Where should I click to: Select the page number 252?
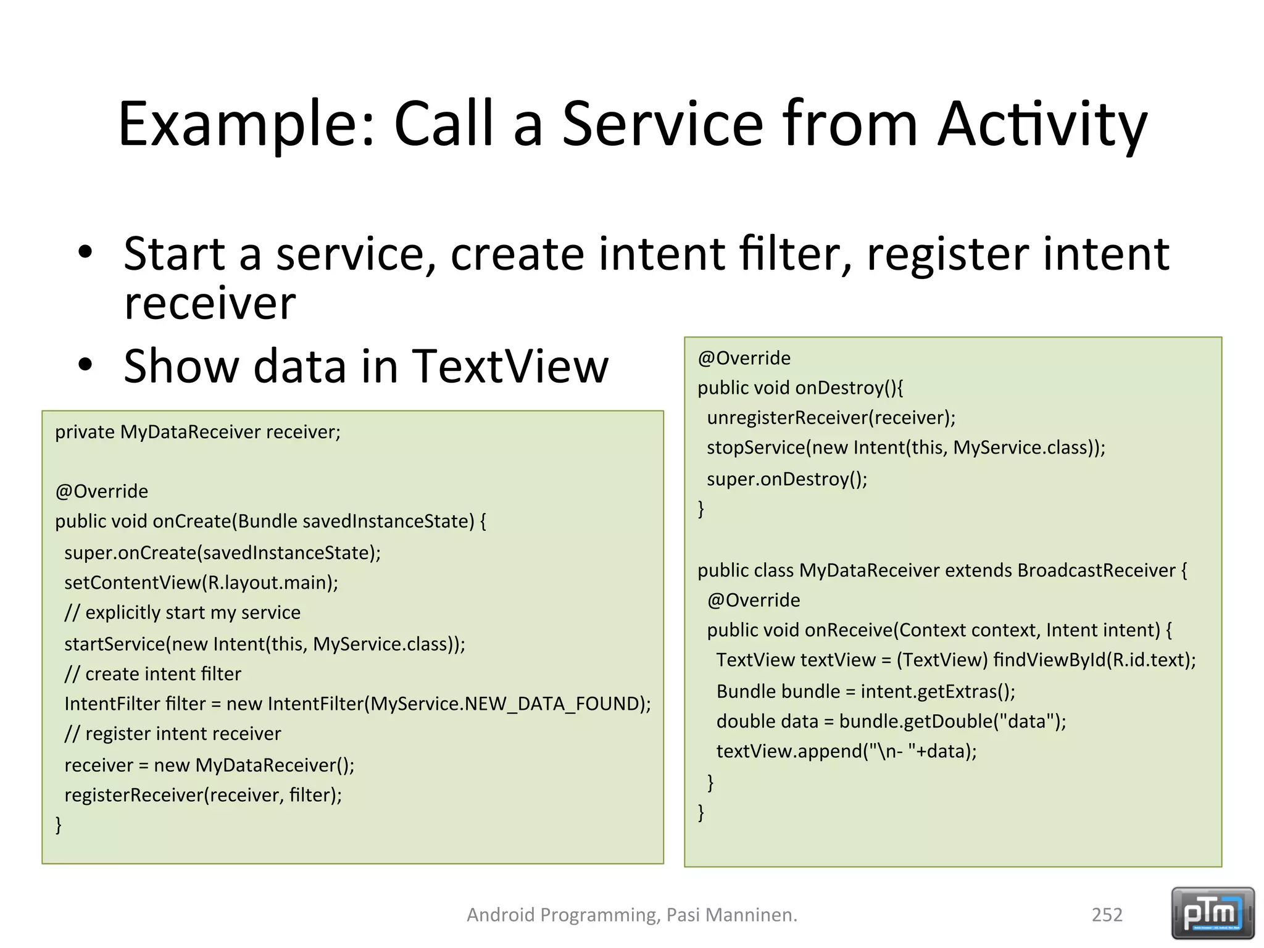[1107, 915]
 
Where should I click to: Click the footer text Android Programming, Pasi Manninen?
[631, 915]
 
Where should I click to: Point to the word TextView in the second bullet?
[510, 366]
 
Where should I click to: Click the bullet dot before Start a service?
[85, 252]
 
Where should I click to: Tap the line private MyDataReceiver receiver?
[197, 432]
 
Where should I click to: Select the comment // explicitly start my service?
[182, 612]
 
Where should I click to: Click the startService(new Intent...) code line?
[264, 644]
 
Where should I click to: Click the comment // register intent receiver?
[172, 733]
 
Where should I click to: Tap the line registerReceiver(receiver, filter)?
[202, 794]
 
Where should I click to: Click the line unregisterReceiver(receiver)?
[831, 418]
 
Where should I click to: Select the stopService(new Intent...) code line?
[905, 447]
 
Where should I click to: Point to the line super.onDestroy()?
[787, 479]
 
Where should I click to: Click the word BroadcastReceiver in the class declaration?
[1096, 570]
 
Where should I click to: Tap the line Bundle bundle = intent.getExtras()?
[865, 691]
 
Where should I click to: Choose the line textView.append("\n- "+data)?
[846, 751]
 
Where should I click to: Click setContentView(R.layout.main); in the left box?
[201, 583]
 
